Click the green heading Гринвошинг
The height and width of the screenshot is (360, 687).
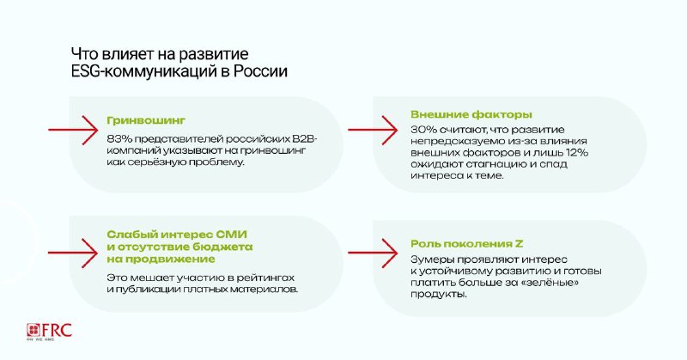146,120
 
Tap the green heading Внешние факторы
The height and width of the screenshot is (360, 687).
471,115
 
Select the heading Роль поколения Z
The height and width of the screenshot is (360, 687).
467,244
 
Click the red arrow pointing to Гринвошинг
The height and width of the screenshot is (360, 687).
73,130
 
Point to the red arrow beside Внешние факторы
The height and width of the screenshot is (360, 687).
373,130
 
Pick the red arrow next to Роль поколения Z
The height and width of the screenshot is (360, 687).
373,253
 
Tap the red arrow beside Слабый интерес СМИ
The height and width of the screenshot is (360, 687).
73,253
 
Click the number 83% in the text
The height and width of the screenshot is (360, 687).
119,139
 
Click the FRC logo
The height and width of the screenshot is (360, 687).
49,332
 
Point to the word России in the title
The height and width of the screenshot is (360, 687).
260,71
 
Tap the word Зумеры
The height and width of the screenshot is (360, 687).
429,259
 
